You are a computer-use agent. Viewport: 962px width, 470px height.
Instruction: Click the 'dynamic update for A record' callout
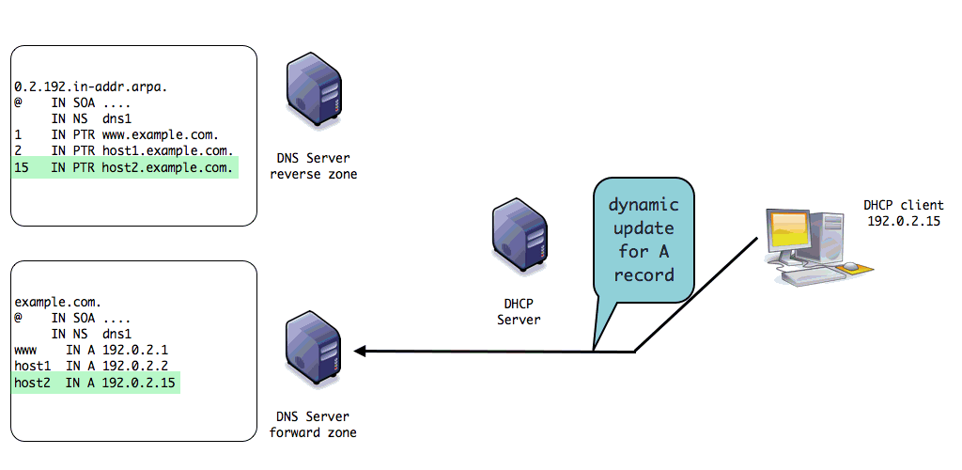(x=644, y=240)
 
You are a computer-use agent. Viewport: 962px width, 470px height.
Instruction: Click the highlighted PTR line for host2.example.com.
(x=124, y=168)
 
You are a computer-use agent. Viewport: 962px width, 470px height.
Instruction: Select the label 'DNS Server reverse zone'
(x=313, y=166)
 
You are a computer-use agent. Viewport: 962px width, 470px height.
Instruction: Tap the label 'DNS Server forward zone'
(x=313, y=425)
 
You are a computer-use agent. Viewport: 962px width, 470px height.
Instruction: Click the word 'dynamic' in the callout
(x=644, y=205)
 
